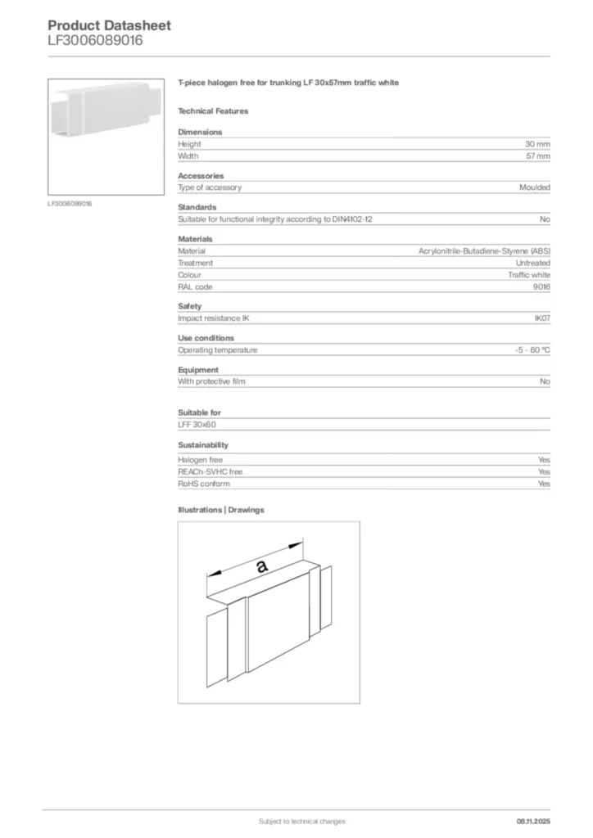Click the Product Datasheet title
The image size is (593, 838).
pos(109,25)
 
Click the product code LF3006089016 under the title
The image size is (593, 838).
pos(95,40)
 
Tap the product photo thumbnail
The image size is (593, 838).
pos(106,136)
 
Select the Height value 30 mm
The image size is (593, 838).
pos(537,144)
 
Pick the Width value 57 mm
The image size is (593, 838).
pos(538,155)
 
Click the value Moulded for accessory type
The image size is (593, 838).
pos(534,187)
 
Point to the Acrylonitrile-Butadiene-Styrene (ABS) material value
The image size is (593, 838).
pos(484,251)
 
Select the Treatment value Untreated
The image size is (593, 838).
pos(532,263)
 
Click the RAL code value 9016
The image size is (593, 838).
pos(541,286)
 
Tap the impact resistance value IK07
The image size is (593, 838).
pos(541,318)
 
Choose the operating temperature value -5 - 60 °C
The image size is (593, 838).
pos(527,350)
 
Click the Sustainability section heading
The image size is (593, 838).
pos(203,445)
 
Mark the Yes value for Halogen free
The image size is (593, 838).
pos(544,460)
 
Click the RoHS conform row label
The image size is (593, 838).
pos(204,484)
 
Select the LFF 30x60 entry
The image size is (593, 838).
pos(197,425)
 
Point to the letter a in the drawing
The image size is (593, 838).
pos(261,566)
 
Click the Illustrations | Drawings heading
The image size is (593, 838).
pos(221,510)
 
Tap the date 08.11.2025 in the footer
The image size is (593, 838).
pos(533,821)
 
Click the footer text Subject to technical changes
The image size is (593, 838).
pos(301,821)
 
